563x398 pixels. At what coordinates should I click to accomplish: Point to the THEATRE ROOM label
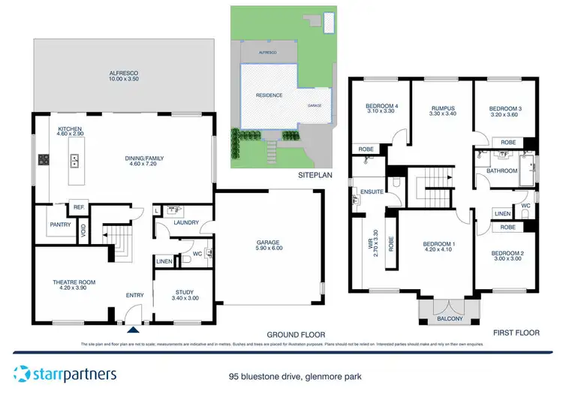point(73,285)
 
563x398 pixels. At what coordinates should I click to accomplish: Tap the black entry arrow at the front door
point(133,328)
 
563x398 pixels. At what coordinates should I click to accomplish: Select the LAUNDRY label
point(185,222)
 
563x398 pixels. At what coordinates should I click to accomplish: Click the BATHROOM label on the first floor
point(501,170)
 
